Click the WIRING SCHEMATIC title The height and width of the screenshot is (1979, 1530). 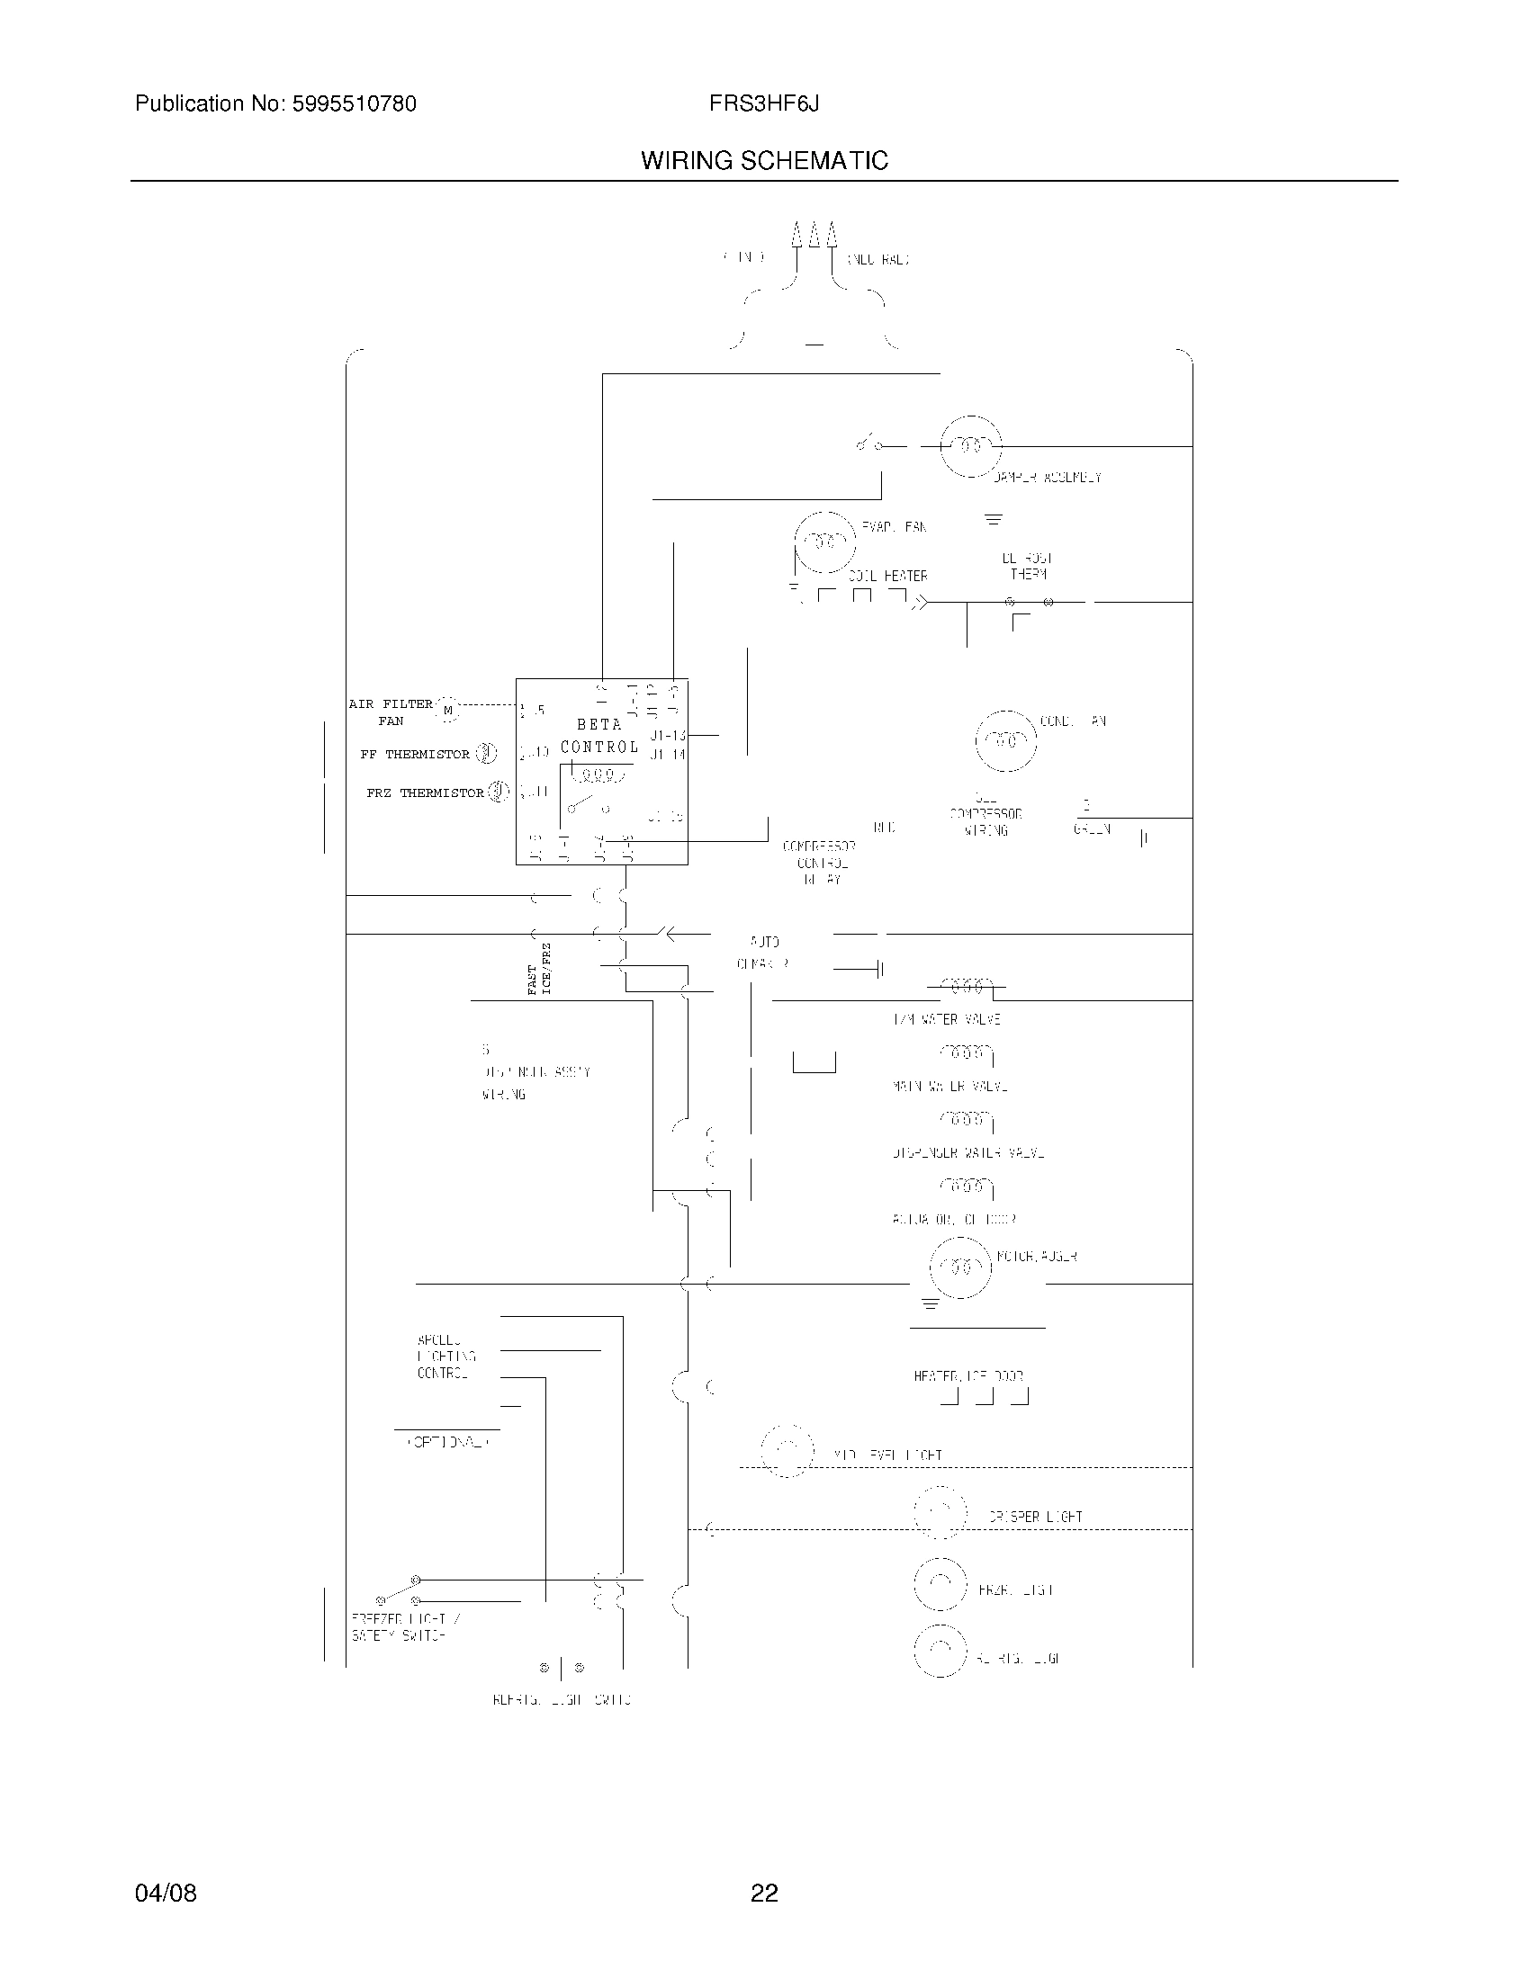point(764,160)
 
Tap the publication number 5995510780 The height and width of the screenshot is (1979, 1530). point(353,104)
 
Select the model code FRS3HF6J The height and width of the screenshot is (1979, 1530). point(764,103)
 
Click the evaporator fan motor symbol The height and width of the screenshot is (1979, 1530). point(824,542)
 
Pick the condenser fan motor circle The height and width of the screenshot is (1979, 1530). point(1005,740)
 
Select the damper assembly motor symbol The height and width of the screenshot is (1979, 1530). point(971,446)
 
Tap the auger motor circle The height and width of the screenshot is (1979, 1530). point(961,1267)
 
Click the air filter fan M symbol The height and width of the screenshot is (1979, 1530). point(448,711)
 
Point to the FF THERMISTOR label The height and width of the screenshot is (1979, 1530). point(414,754)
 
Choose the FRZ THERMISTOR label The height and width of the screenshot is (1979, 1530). point(425,792)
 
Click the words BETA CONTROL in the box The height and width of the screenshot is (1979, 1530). point(599,736)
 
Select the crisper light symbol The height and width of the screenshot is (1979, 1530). point(940,1513)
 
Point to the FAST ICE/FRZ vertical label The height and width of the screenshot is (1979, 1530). point(539,969)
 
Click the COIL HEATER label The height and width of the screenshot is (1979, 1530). point(887,577)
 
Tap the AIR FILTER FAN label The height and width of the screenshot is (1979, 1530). point(391,712)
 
